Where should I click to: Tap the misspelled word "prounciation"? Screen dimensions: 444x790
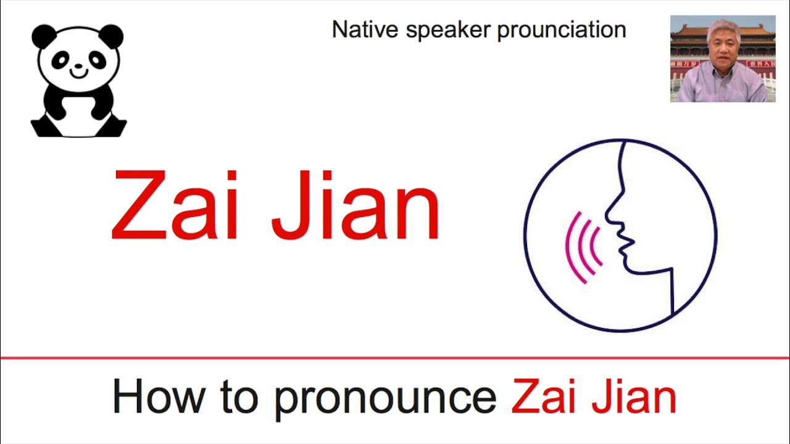(x=562, y=30)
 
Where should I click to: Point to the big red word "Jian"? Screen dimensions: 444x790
(x=355, y=205)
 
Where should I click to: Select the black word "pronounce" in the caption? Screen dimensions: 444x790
(x=385, y=398)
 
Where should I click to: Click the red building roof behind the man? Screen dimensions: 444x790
(x=691, y=28)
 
